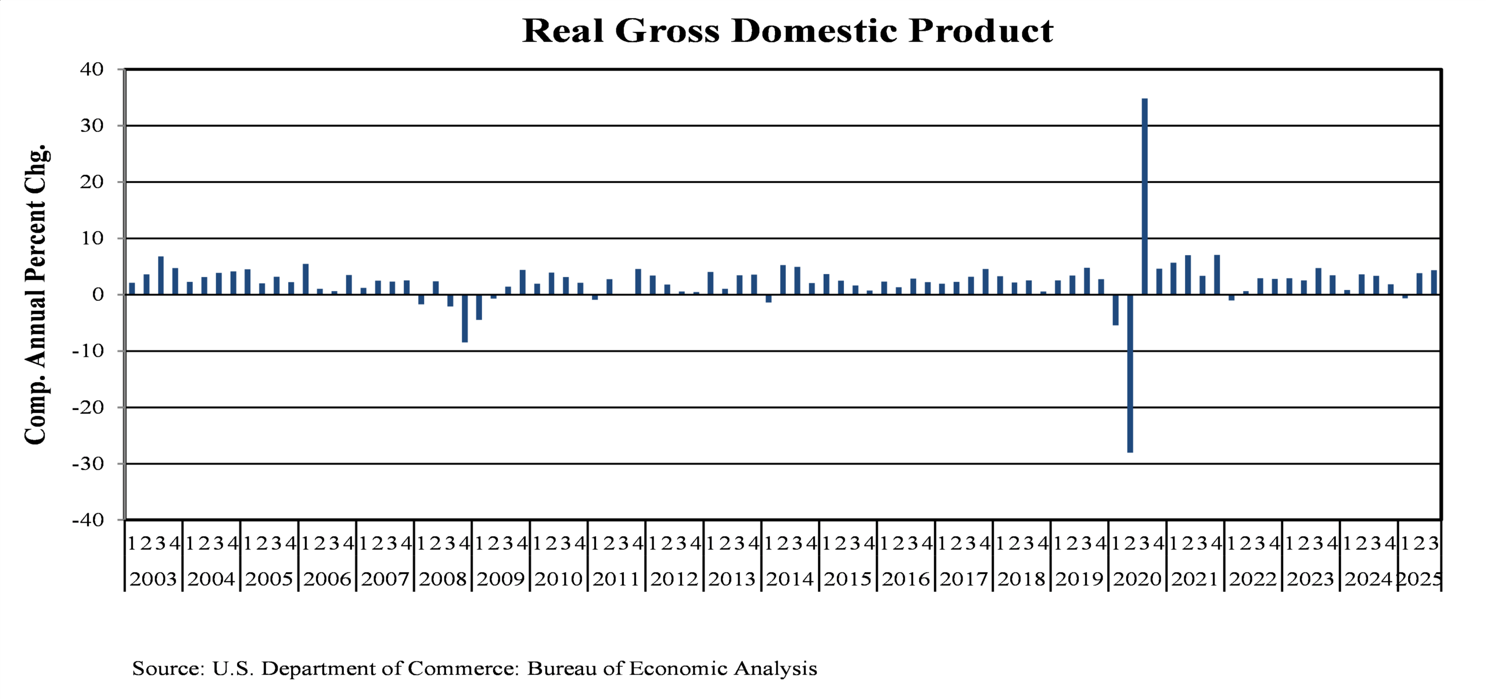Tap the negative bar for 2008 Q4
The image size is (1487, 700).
[465, 318]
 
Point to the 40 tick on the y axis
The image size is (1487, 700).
[92, 69]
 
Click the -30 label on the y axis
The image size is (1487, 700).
[88, 464]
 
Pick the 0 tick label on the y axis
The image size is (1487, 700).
[98, 295]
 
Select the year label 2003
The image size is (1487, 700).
[153, 579]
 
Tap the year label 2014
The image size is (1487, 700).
[789, 579]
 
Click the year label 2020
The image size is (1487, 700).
[1137, 579]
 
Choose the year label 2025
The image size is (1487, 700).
[1419, 579]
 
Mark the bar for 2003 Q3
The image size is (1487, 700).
[161, 275]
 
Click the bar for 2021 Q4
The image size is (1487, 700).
[1217, 275]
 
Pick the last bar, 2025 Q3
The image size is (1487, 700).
[1434, 282]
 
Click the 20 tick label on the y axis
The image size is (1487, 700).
[92, 182]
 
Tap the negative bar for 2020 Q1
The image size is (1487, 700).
[1115, 310]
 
